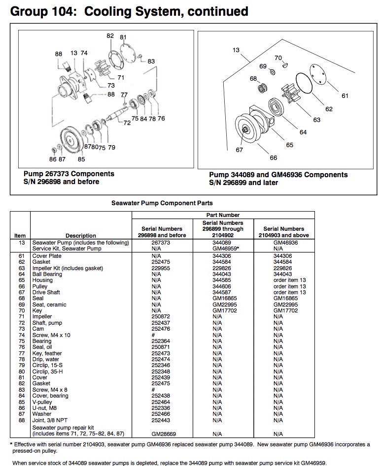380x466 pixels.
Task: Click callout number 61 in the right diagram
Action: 345,95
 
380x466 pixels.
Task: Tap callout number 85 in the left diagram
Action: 81,159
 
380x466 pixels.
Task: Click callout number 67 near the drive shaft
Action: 239,150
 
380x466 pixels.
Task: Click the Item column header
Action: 20,236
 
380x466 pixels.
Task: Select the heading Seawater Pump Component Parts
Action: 162,203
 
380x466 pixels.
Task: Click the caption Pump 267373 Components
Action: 69,174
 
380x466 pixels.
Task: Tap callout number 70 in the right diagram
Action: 277,58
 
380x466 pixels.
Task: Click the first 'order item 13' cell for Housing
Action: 289,280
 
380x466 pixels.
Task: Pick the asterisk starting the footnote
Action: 11,444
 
